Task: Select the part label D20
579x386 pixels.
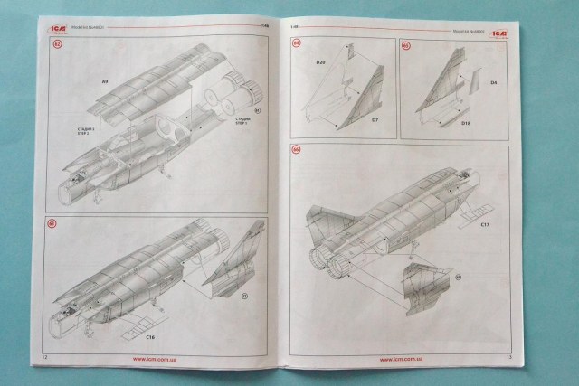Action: (x=320, y=62)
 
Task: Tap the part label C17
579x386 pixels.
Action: (x=485, y=223)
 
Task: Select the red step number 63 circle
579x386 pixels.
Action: (x=52, y=224)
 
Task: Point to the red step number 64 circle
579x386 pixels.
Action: (x=295, y=43)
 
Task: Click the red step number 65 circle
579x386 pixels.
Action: (x=405, y=44)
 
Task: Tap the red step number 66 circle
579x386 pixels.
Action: (x=295, y=150)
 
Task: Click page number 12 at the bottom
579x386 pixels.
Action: (x=43, y=359)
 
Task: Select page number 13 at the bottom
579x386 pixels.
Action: (x=509, y=359)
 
